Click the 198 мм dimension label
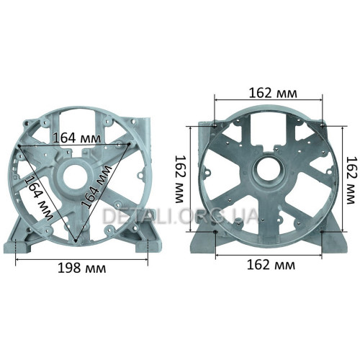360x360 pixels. pos(82,268)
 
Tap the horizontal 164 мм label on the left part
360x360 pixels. pos(77,138)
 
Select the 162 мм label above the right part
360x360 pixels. pos(273,93)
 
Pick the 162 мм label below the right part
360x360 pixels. pos(271,265)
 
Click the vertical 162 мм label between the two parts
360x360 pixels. pos(179,179)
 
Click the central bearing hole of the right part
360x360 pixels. pos(269,169)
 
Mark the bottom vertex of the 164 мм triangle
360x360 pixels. pos(76,240)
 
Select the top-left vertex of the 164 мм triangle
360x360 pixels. pos(19,145)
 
